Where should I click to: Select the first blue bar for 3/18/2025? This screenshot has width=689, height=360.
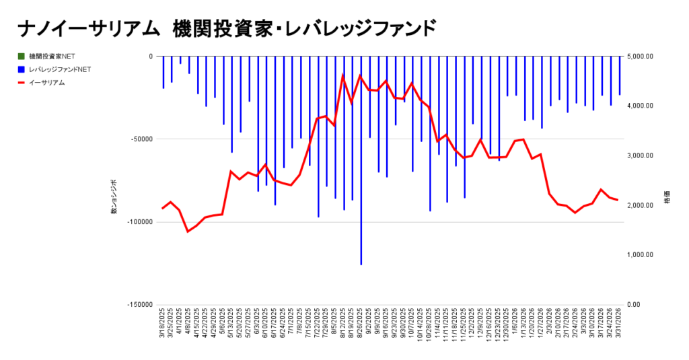(163, 72)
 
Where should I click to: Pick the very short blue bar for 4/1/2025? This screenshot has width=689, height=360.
(180, 60)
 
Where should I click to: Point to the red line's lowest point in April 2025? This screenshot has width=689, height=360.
(188, 231)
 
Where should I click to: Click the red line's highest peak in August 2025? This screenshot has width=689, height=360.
(343, 74)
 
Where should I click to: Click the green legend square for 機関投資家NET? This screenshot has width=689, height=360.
(22, 56)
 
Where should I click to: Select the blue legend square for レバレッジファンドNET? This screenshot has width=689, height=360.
(22, 69)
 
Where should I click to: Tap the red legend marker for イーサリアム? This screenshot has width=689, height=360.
(22, 83)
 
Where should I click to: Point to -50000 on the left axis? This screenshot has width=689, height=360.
(141, 139)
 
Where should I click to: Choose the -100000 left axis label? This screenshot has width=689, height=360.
(140, 221)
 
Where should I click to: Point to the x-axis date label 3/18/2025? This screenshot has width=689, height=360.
(163, 324)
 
